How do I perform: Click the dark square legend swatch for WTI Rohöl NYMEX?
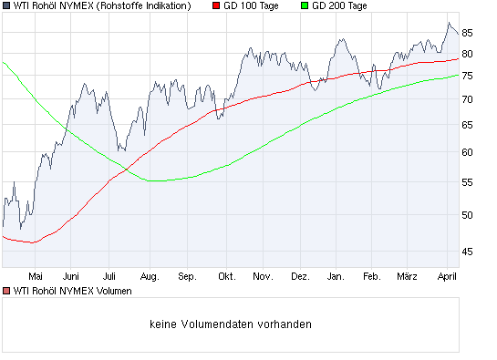(6, 6)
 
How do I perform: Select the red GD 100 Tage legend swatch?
(215, 6)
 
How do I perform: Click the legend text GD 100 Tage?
(252, 6)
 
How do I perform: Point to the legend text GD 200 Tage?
(339, 6)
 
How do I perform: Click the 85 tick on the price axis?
(467, 32)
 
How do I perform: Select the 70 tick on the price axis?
(467, 98)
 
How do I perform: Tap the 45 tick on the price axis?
(467, 251)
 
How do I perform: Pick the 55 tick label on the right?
(467, 183)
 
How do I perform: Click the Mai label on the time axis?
(36, 274)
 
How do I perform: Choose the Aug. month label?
(150, 274)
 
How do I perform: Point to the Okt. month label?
(226, 274)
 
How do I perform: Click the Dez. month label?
(300, 274)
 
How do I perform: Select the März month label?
(407, 274)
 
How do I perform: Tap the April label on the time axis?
(447, 274)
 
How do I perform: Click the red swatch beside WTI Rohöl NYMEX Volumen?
(6, 291)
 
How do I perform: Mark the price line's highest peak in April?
(449, 23)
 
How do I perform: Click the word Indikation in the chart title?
(165, 6)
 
